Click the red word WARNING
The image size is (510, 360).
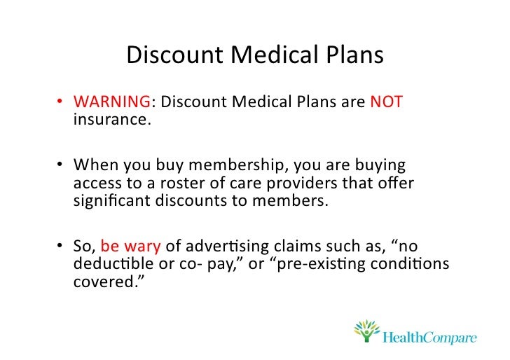tap(112, 102)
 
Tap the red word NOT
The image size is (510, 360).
tap(386, 102)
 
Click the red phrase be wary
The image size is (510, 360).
tap(130, 247)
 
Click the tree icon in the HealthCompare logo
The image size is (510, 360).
tap(366, 331)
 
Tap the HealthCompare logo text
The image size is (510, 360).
tap(430, 338)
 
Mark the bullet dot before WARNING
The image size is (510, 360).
tap(61, 103)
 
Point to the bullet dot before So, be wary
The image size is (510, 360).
tap(61, 247)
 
